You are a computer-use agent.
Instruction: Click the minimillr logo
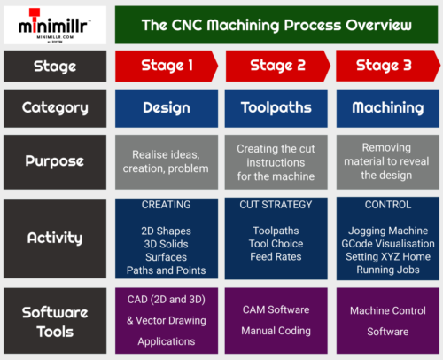coord(55,25)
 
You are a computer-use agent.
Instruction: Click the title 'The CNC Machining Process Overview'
coord(276,25)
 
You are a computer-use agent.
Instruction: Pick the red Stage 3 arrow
coord(385,66)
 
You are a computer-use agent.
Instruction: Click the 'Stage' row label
coord(55,66)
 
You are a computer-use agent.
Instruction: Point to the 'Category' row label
coord(55,107)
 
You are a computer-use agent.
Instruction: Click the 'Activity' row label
coord(55,238)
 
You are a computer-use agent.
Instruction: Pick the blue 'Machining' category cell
coord(385,107)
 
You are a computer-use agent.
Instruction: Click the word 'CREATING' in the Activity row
coord(167,205)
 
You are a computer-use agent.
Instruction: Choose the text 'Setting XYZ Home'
coord(385,257)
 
